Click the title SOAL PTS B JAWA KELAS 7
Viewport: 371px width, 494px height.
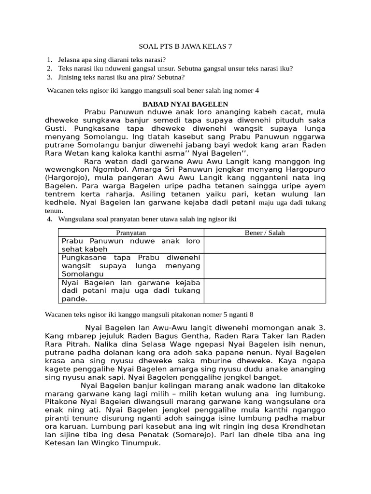[x=185, y=47]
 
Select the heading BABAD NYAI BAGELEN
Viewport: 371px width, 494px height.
[x=185, y=104]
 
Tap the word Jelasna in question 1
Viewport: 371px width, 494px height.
[x=71, y=60]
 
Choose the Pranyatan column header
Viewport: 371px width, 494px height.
[x=131, y=233]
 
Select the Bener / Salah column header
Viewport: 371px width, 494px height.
[x=265, y=233]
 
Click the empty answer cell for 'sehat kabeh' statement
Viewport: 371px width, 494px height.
[x=265, y=245]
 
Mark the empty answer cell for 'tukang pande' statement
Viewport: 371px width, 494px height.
[x=265, y=290]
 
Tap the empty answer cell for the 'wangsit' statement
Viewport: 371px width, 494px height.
[x=265, y=266]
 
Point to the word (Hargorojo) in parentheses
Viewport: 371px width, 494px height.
[x=66, y=178]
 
